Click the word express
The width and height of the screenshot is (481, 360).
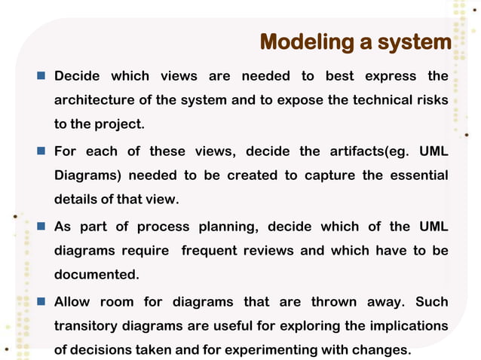coord(391,76)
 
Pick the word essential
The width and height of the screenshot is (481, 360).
coord(412,175)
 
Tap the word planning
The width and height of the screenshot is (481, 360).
coord(225,227)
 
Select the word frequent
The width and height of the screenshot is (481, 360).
coord(209,251)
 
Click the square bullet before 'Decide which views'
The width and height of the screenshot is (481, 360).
coord(41,76)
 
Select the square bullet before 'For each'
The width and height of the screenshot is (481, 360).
coord(41,151)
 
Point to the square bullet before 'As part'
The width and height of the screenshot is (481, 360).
coord(41,227)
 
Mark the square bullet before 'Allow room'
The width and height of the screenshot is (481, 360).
coord(41,302)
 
